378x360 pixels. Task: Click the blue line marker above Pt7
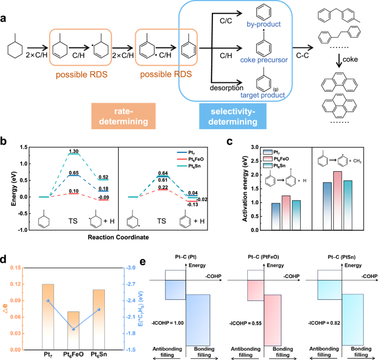(x=48, y=300)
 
